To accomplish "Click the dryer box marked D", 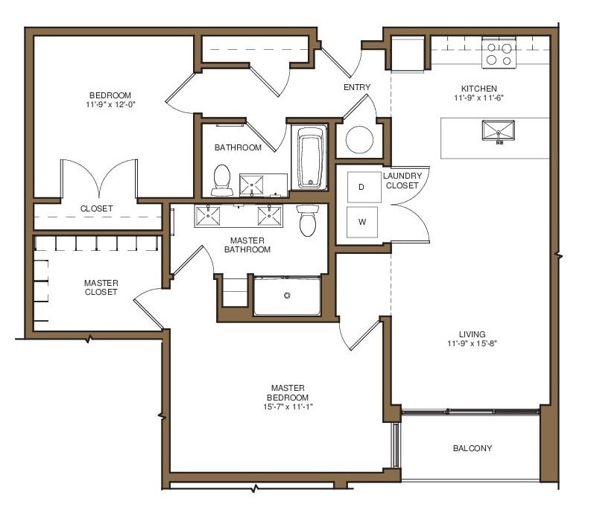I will [x=361, y=187].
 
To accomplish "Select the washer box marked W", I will [x=361, y=221].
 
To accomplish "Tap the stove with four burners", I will [x=499, y=54].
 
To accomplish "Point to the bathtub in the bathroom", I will [x=311, y=159].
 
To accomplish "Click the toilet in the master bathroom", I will [x=307, y=221].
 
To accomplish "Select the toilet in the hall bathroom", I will [x=221, y=178].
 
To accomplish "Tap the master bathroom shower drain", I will [x=286, y=296].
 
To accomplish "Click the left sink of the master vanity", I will [x=207, y=216].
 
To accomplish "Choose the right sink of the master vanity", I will [x=269, y=216].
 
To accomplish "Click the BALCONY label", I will [x=473, y=448].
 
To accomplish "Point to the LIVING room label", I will [x=473, y=334].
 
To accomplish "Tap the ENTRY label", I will [x=357, y=88].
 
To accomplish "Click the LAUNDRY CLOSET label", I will [x=402, y=180].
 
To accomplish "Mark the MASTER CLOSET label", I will [x=101, y=287].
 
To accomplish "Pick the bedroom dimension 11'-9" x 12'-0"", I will [x=110, y=104].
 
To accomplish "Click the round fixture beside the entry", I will [x=359, y=139].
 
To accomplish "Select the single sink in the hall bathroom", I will [x=252, y=183].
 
